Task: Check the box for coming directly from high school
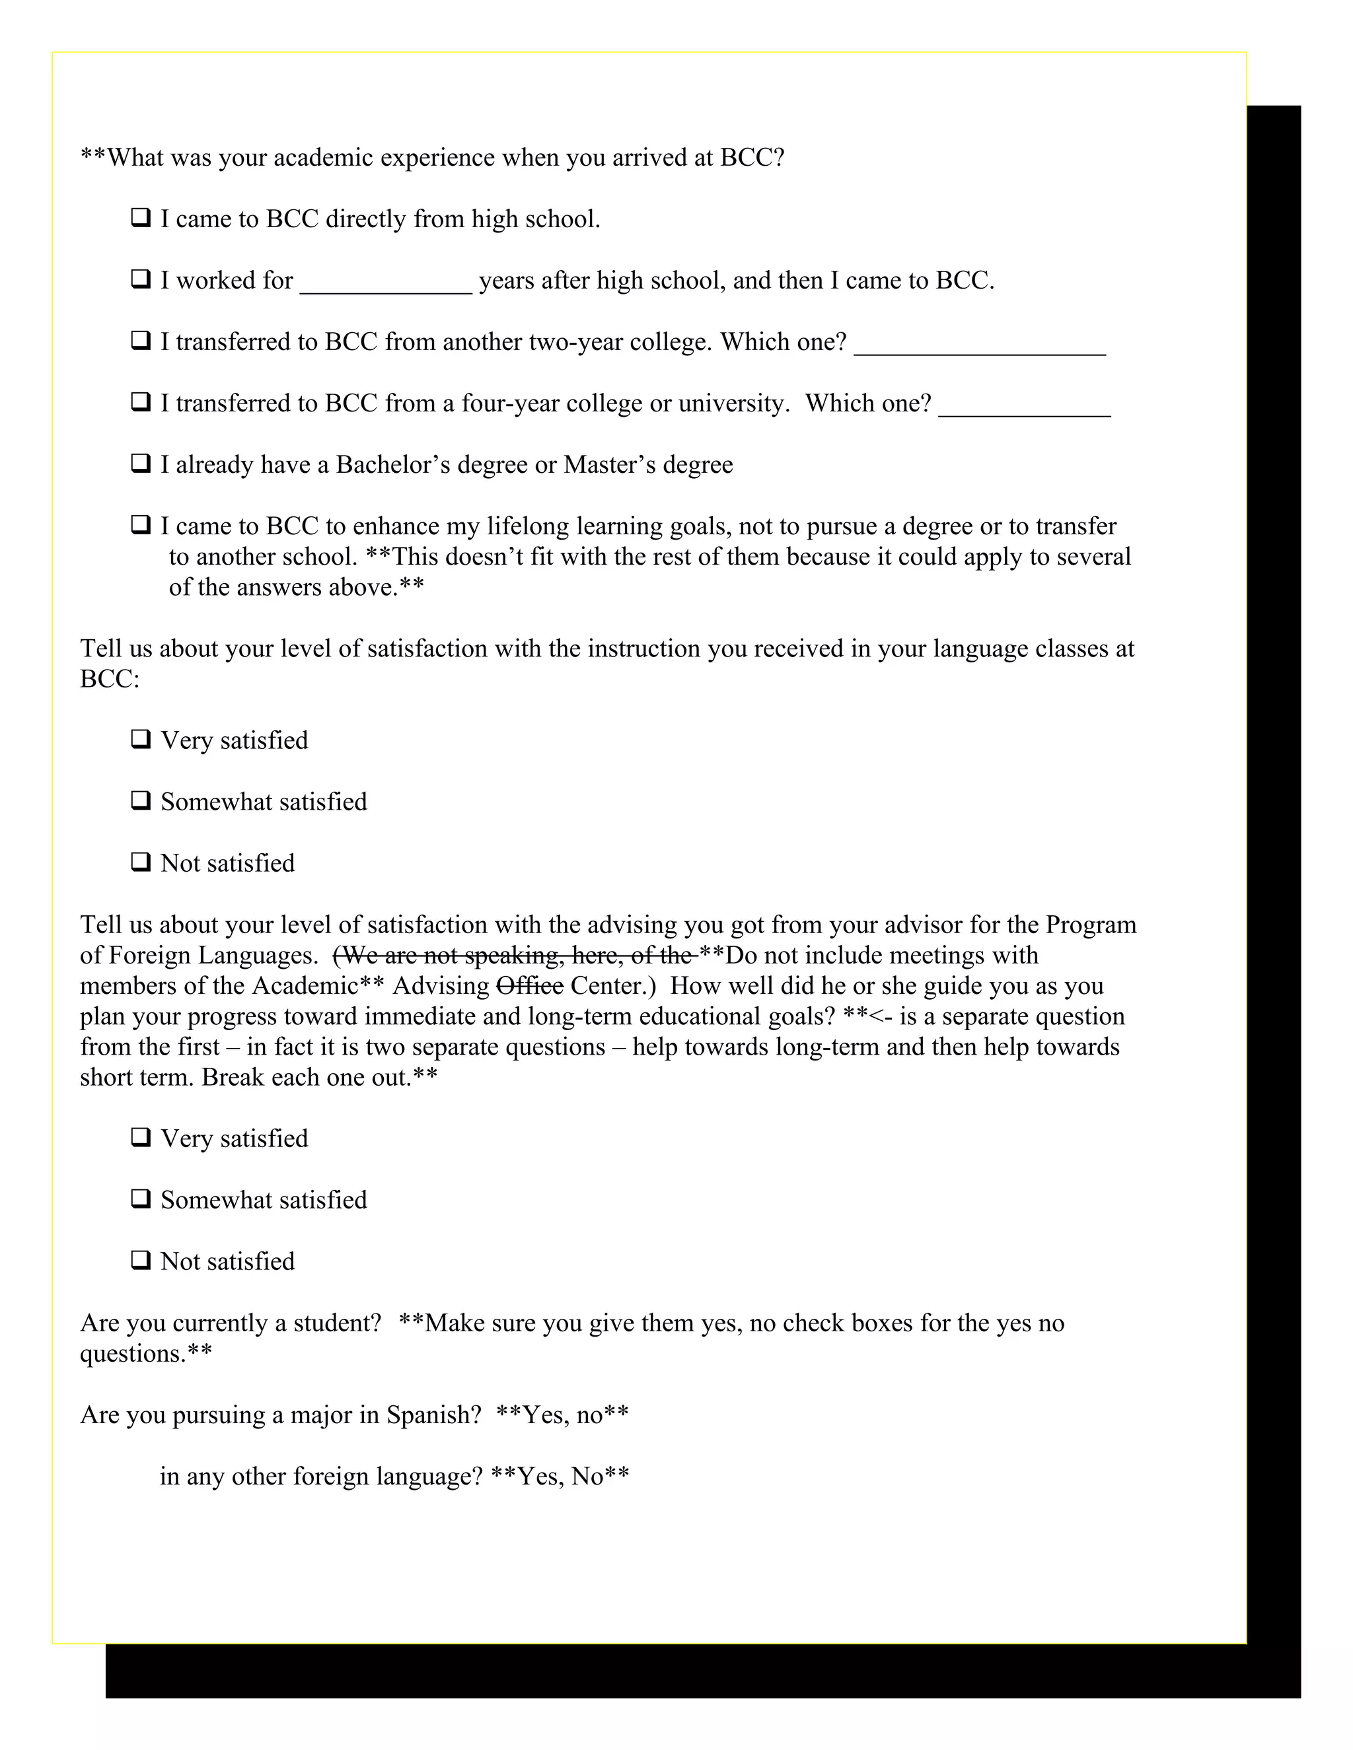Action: point(141,217)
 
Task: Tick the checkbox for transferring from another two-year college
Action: point(141,341)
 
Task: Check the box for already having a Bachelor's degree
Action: point(141,463)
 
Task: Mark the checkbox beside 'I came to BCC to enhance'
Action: point(141,525)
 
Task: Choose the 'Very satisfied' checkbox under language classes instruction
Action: point(141,739)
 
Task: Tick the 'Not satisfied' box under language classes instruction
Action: point(141,862)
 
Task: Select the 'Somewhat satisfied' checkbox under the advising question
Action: point(141,1199)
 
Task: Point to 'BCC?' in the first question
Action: point(752,157)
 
